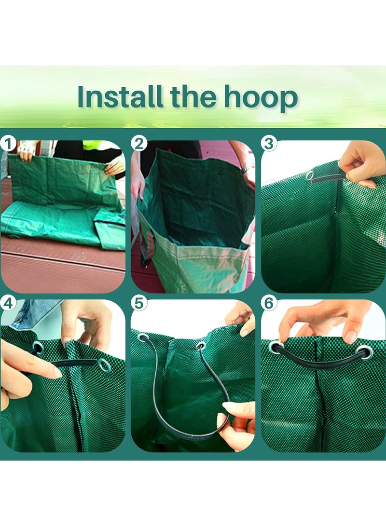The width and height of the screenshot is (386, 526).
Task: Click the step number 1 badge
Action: (8, 143)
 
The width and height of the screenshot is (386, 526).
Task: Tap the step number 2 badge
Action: (139, 143)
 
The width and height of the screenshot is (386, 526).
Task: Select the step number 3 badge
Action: (269, 143)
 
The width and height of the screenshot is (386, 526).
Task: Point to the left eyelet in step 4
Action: (37, 347)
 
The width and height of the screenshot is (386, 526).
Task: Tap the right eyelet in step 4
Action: (104, 365)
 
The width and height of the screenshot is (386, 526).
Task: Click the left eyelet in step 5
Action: (143, 337)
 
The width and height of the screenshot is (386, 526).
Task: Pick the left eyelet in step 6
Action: (275, 347)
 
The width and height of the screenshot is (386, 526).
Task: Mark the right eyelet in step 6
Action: (366, 352)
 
